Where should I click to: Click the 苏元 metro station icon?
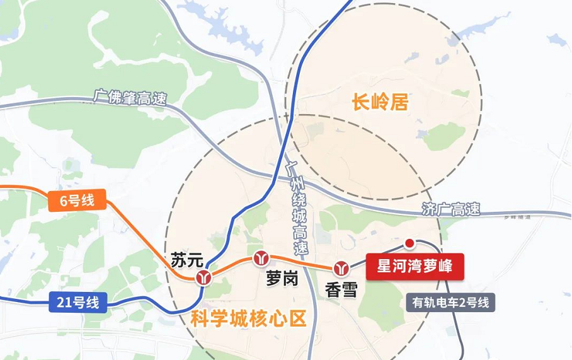tap(203, 277)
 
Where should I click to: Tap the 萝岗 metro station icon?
tap(261, 258)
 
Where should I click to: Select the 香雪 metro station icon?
tap(341, 268)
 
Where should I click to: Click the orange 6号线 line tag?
tap(77, 201)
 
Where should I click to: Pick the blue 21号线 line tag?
tap(77, 303)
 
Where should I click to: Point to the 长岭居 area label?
tap(380, 102)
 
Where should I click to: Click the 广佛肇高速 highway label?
tap(130, 98)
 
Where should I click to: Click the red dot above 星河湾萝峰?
tap(409, 243)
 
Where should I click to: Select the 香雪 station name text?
tap(341, 289)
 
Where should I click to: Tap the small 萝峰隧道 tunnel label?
tap(518, 218)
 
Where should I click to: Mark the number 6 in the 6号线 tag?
tap(64, 201)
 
